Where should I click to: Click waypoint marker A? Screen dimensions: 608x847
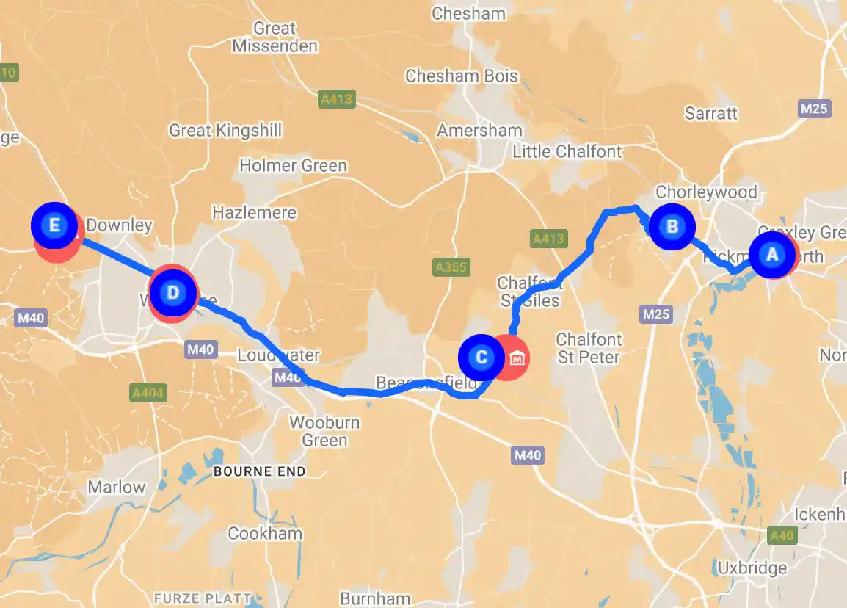(771, 255)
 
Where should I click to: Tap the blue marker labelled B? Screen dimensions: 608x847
(671, 226)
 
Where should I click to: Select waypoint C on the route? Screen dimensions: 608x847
(481, 358)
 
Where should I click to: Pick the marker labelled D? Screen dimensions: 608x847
(172, 293)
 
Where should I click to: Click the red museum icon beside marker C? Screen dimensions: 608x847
(517, 358)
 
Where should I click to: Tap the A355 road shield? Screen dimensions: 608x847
(451, 267)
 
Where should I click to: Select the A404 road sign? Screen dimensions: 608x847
(148, 393)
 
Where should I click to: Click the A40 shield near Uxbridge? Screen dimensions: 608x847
(782, 535)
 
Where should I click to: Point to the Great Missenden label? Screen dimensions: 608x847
(275, 37)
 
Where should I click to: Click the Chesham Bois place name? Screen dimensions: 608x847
(462, 76)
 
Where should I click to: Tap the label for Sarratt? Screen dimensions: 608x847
(710, 114)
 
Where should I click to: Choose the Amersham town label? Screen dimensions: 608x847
(480, 131)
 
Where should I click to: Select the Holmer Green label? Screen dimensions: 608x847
(293, 166)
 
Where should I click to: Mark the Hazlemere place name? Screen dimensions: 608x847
(254, 213)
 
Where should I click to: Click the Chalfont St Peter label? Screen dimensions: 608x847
(589, 349)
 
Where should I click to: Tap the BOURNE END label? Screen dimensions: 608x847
(259, 471)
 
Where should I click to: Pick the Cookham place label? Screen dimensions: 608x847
(265, 533)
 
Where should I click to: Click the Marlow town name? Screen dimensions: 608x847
(117, 488)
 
